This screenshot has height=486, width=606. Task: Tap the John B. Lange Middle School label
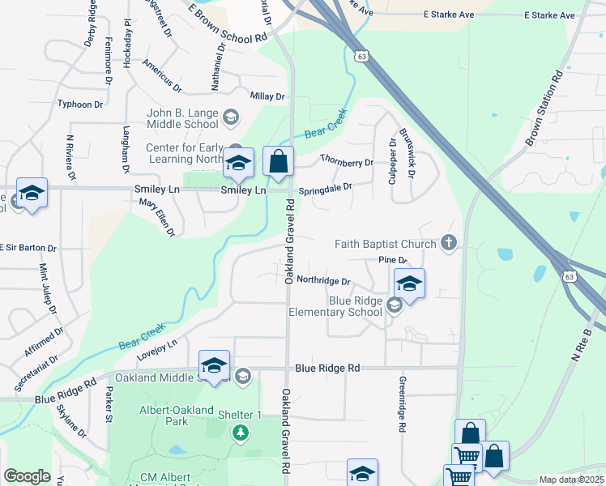click(183, 118)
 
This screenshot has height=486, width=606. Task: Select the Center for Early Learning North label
click(182, 154)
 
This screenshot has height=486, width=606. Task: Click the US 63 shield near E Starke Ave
click(361, 57)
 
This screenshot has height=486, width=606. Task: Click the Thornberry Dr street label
click(346, 162)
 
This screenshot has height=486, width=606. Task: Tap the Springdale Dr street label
click(326, 190)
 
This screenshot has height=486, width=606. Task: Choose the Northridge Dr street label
click(322, 281)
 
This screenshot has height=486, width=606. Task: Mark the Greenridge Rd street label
click(401, 403)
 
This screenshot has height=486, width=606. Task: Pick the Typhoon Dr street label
click(80, 104)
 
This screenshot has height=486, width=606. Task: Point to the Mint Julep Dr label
click(48, 288)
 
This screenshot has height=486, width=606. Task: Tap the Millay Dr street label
click(267, 96)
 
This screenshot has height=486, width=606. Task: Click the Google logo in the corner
click(27, 475)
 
